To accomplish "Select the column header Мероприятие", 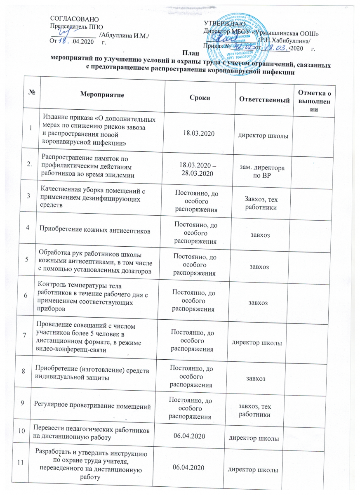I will (x=101, y=95).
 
